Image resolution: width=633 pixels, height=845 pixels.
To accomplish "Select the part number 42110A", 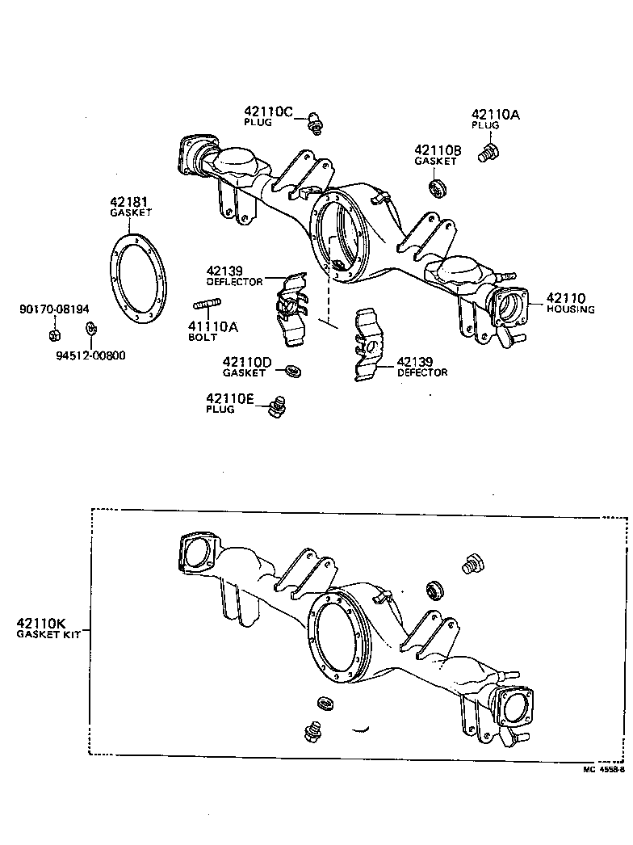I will pyautogui.click(x=497, y=115).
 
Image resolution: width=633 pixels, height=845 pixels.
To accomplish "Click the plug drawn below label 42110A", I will pyautogui.click(x=487, y=152).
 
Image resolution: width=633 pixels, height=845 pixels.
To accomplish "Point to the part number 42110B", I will pyautogui.click(x=438, y=150).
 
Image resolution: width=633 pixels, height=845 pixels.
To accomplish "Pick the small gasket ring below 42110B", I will pyautogui.click(x=438, y=190).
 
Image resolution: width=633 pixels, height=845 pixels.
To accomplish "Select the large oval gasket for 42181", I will pyautogui.click(x=137, y=279).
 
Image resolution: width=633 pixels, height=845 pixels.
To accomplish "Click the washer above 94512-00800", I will pyautogui.click(x=90, y=329).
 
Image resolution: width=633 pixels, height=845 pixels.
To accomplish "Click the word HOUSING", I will pyautogui.click(x=570, y=309).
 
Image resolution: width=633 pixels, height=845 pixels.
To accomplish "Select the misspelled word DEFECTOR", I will pyautogui.click(x=422, y=372).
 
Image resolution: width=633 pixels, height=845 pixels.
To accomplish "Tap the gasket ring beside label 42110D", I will pyautogui.click(x=294, y=371).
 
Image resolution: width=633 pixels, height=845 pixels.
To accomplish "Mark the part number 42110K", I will pyautogui.click(x=40, y=623).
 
